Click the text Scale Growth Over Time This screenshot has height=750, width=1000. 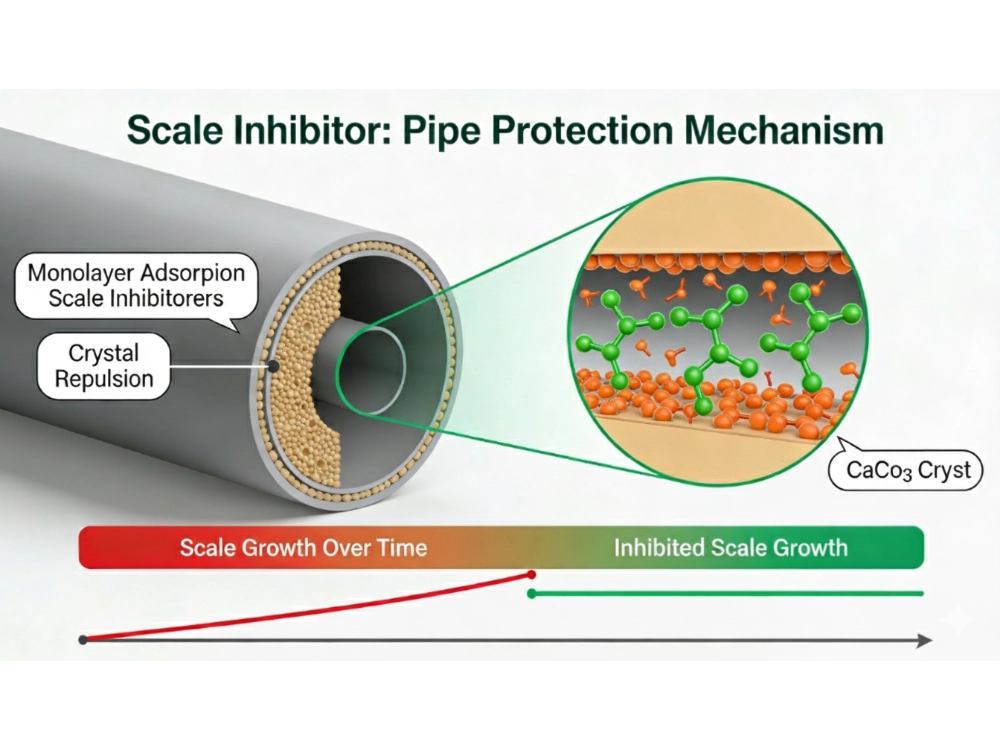coord(303,547)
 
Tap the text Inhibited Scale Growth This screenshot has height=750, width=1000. coord(730,547)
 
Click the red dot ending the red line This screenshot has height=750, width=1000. coord(532,575)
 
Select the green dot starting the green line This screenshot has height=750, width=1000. coord(532,593)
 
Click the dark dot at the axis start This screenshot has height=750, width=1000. coord(84,640)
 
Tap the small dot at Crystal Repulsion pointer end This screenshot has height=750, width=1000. coord(272,367)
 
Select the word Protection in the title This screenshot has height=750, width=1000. coord(570,132)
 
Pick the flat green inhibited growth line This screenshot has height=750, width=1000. coord(730,593)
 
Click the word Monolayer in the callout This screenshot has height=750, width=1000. coord(85,272)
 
